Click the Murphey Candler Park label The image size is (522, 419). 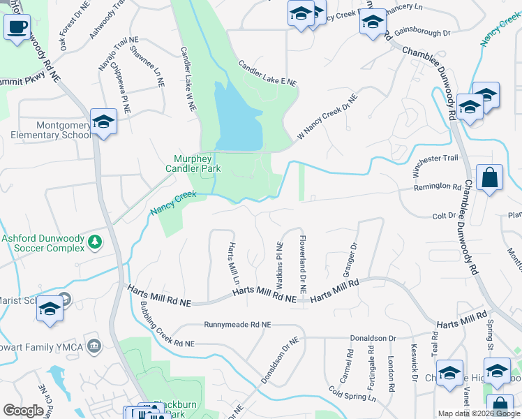click(193, 163)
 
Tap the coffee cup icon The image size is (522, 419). click(17, 28)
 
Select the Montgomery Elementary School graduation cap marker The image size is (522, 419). click(103, 122)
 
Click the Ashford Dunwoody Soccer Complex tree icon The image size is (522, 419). click(94, 242)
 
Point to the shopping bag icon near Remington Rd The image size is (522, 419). click(490, 177)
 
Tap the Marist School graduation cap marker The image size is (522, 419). click(50, 309)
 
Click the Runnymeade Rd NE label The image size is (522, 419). click(237, 325)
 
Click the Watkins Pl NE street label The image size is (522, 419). click(279, 266)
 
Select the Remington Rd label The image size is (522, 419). click(438, 188)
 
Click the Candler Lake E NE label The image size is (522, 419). click(267, 73)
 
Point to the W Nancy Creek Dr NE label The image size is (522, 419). click(327, 116)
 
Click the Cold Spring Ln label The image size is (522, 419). click(352, 395)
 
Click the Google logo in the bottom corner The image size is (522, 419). click(23, 411)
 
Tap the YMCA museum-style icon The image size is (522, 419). click(95, 345)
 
